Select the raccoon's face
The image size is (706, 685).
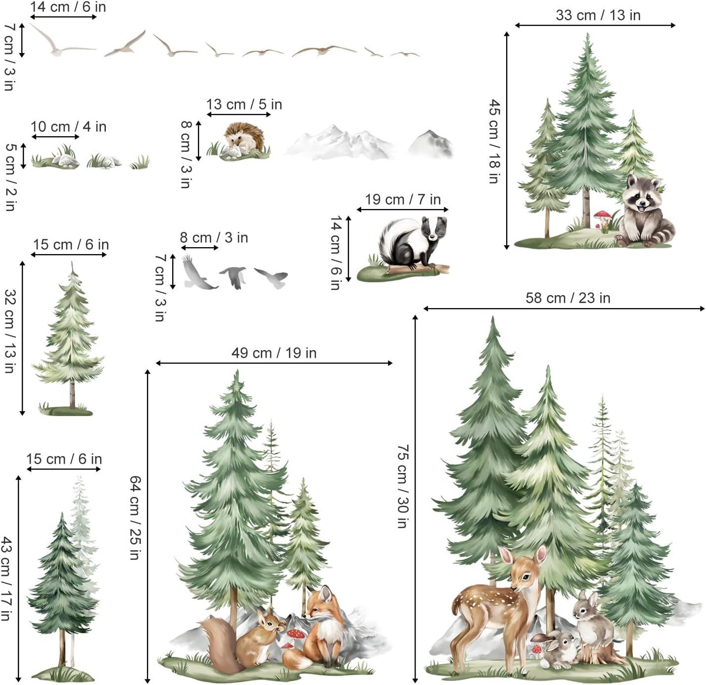[x=643, y=195]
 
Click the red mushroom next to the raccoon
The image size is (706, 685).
[x=602, y=216]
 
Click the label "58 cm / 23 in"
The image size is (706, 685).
[x=567, y=298]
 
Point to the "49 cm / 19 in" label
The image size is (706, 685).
[x=274, y=353]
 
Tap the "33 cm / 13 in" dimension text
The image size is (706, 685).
[x=598, y=15]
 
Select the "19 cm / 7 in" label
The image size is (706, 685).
[x=403, y=200]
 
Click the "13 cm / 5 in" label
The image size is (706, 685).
[x=244, y=105]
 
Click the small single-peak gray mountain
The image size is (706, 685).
[x=430, y=144]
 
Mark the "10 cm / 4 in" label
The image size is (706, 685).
[x=68, y=127]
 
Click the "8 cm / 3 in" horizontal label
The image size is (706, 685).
[x=214, y=238]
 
